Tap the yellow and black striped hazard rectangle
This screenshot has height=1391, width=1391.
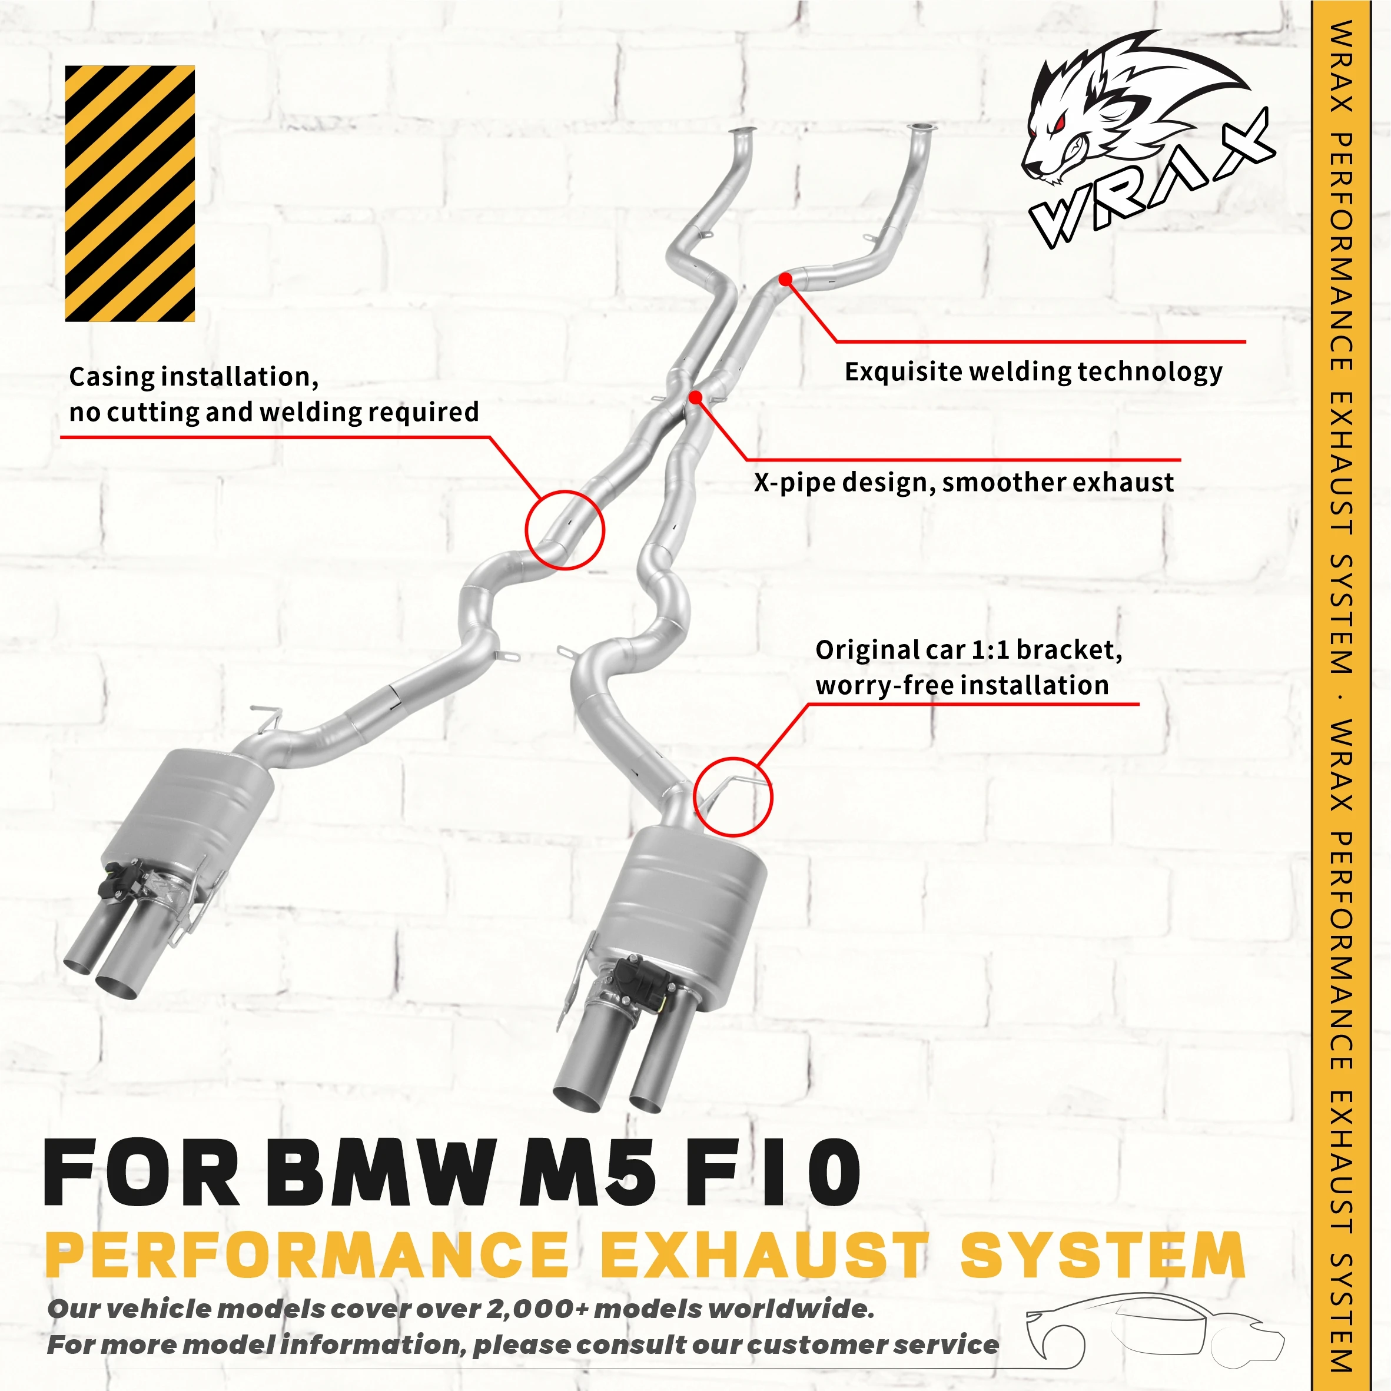click(x=130, y=193)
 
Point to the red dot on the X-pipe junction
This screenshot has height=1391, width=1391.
click(x=695, y=397)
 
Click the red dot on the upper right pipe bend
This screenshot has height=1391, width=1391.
click(x=785, y=278)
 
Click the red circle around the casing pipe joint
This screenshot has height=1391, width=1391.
click(x=565, y=530)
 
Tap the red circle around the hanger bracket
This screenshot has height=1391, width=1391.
click(x=732, y=796)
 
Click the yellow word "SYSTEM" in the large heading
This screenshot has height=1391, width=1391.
click(x=1103, y=1255)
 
